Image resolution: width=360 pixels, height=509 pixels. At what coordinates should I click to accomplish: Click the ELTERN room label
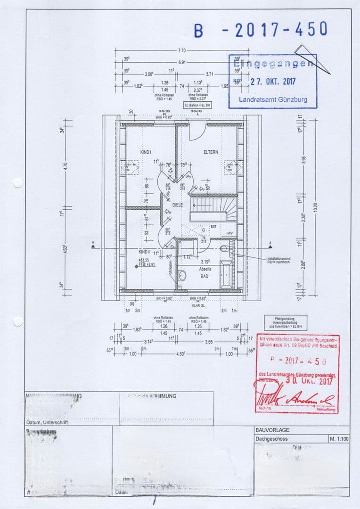coord(211,152)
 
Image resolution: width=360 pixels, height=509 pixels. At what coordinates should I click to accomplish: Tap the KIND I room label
coord(145,152)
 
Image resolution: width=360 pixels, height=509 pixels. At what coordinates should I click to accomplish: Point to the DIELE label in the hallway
coord(177,205)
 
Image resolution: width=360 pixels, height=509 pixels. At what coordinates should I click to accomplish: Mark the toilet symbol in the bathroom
coord(223,248)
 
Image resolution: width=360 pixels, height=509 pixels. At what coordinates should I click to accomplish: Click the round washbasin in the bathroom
coord(182,275)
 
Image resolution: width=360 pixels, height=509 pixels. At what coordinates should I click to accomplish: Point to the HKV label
coord(229,234)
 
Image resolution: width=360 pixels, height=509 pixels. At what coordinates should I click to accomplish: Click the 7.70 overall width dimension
coord(182,50)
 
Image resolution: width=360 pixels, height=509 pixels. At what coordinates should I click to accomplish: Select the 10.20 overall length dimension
coord(316,207)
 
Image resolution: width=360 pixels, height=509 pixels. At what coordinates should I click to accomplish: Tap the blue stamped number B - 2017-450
coord(261,30)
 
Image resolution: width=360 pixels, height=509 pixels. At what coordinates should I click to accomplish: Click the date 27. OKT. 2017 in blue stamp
coord(273,81)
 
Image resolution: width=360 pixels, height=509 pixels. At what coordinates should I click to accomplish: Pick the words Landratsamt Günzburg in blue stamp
coord(273,99)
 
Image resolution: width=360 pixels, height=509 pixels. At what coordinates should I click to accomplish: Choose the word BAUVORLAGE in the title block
coord(272,430)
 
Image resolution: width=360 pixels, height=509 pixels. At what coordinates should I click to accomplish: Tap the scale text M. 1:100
coord(338,439)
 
